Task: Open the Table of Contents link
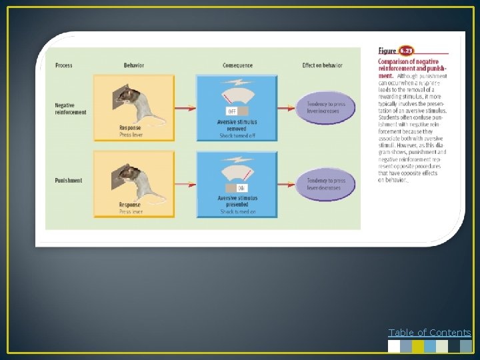(429, 333)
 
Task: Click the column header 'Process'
(64, 65)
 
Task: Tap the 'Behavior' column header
(134, 65)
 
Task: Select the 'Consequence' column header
(237, 65)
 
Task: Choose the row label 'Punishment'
(69, 181)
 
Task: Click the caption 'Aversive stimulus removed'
(237, 125)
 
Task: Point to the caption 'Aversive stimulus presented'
(237, 201)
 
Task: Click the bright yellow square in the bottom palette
(418, 346)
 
